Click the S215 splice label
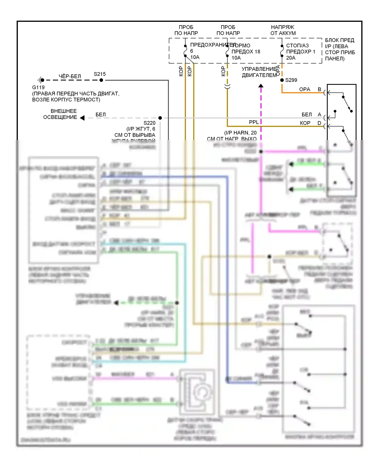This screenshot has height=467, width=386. pyautogui.click(x=100, y=74)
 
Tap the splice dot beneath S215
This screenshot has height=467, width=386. pyautogui.click(x=101, y=80)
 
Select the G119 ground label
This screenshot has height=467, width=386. pyautogui.click(x=38, y=87)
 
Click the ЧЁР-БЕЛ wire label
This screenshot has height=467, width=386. pyautogui.click(x=70, y=76)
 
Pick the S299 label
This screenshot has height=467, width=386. pyautogui.click(x=291, y=80)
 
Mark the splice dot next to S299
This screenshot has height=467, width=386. pyautogui.click(x=282, y=80)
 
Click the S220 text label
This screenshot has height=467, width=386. pyautogui.click(x=149, y=123)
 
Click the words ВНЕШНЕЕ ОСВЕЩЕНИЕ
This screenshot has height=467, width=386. pyautogui.click(x=60, y=114)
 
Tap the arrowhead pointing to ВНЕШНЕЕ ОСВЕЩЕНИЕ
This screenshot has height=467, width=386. pyautogui.click(x=82, y=118)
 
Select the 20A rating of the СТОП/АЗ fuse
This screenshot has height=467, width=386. pyautogui.click(x=291, y=58)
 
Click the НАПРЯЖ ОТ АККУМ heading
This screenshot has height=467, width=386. pyautogui.click(x=283, y=30)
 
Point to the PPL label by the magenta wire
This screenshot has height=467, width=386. pyautogui.click(x=254, y=122)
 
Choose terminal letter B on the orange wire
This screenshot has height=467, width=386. pyautogui.click(x=319, y=89)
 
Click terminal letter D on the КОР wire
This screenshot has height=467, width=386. pyautogui.click(x=319, y=123)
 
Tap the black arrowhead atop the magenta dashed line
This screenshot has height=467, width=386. pyautogui.click(x=261, y=86)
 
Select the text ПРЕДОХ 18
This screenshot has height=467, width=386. pyautogui.click(x=246, y=52)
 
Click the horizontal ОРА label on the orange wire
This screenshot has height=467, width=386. pyautogui.click(x=305, y=89)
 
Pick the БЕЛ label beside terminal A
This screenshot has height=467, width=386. pyautogui.click(x=307, y=115)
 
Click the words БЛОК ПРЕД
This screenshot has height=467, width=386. pyautogui.click(x=340, y=40)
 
